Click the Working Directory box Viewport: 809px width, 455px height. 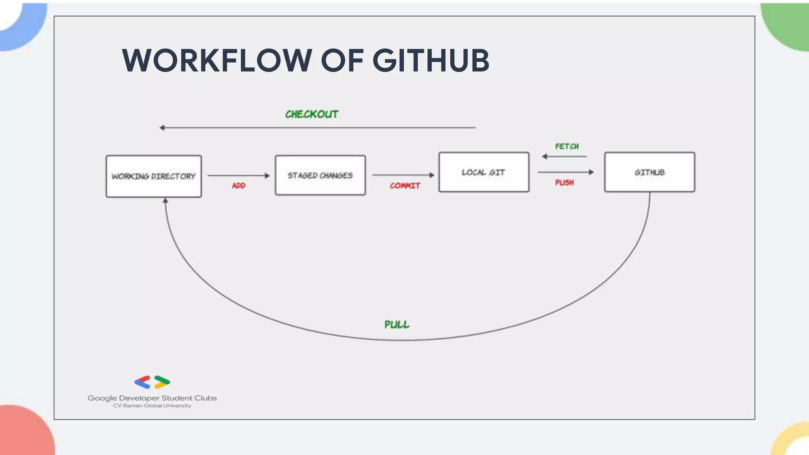point(154,176)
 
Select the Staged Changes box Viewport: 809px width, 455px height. point(320,175)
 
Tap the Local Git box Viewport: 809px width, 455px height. point(484,172)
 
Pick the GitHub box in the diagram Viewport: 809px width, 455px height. point(649,172)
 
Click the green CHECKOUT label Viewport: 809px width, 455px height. point(312,114)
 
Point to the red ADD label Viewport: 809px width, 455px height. point(239,186)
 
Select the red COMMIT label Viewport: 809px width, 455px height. point(405,186)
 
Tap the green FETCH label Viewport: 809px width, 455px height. point(567,147)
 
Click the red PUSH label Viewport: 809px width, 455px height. point(564,182)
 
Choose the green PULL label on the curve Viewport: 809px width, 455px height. point(397,325)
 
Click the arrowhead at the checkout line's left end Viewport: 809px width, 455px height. point(162,128)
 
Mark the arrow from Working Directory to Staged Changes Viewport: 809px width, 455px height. point(238,175)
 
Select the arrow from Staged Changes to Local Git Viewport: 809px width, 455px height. point(403,175)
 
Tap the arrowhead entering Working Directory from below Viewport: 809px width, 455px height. point(166,201)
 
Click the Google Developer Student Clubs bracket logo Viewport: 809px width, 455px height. point(152,382)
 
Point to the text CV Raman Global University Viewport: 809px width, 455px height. point(152,406)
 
